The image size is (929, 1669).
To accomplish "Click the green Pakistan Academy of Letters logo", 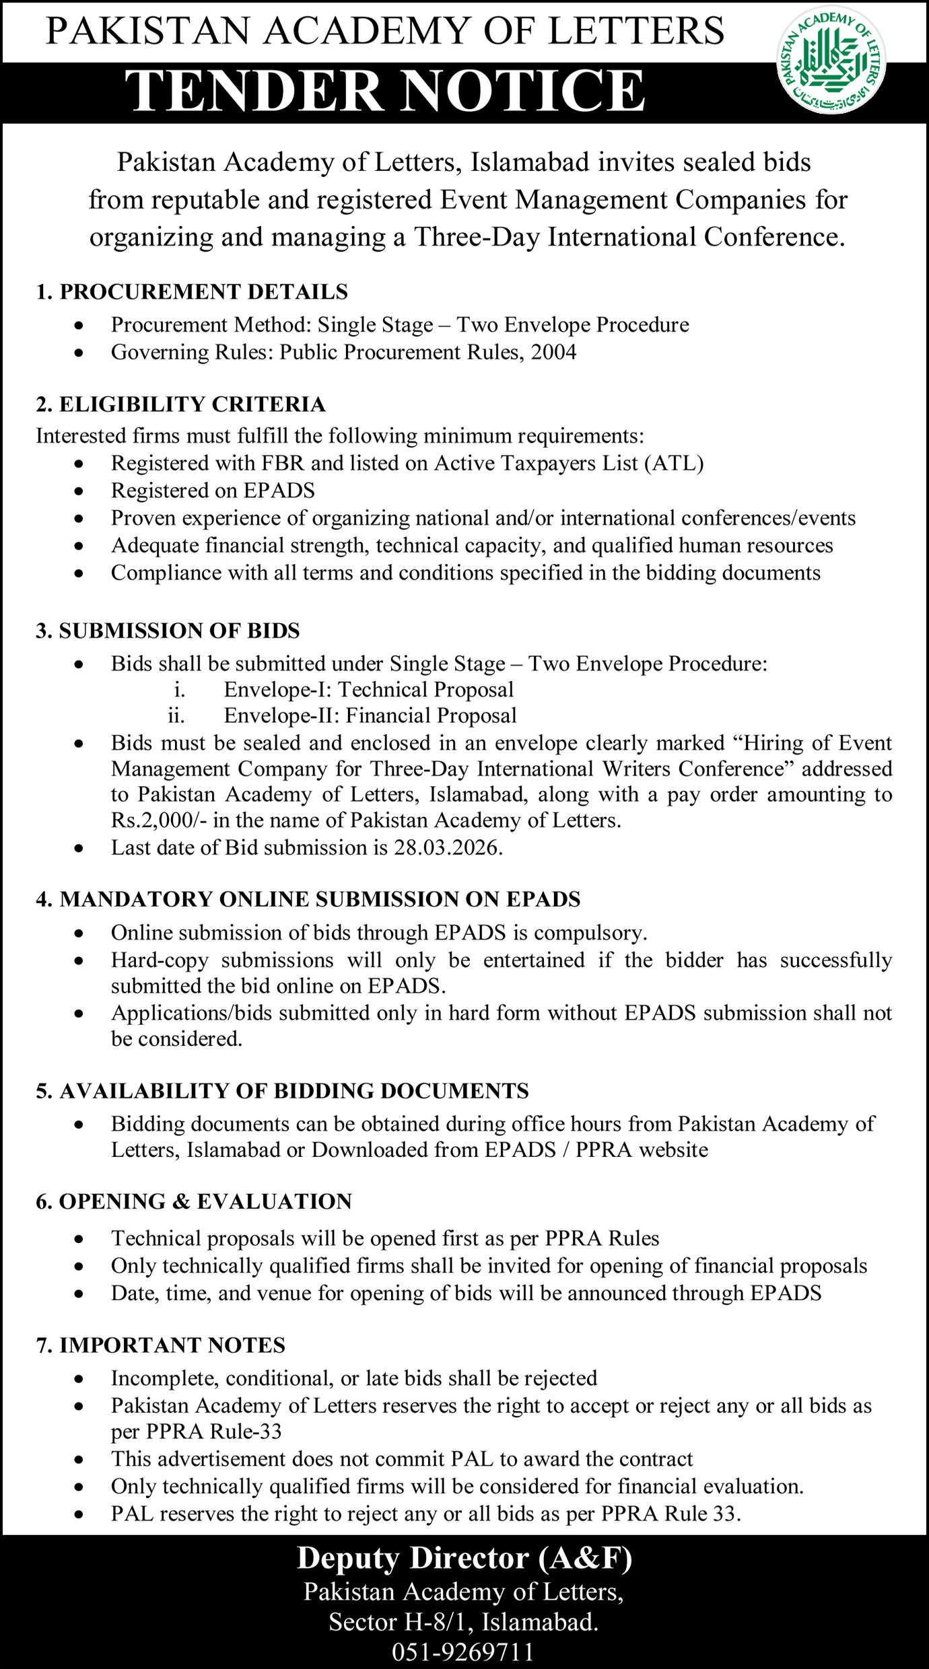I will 831,60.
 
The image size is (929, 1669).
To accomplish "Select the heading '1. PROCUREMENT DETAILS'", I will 192,291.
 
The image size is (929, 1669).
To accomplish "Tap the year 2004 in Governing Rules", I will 553,352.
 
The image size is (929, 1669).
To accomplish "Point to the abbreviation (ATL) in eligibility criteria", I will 674,463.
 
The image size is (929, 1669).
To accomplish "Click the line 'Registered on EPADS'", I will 213,491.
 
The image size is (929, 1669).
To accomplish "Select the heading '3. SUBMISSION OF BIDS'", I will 168,631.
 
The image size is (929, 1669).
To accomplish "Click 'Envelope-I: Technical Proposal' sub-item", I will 368,689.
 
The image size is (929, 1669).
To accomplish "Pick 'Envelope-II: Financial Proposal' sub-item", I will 370,715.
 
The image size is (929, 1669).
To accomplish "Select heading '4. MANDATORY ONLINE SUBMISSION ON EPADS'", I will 308,899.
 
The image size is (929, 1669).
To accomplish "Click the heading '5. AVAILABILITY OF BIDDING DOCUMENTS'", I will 282,1091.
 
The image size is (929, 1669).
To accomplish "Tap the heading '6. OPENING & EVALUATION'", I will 194,1201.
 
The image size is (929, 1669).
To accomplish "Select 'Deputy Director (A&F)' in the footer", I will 464,1559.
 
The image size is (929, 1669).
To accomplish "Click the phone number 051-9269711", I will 463,1652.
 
